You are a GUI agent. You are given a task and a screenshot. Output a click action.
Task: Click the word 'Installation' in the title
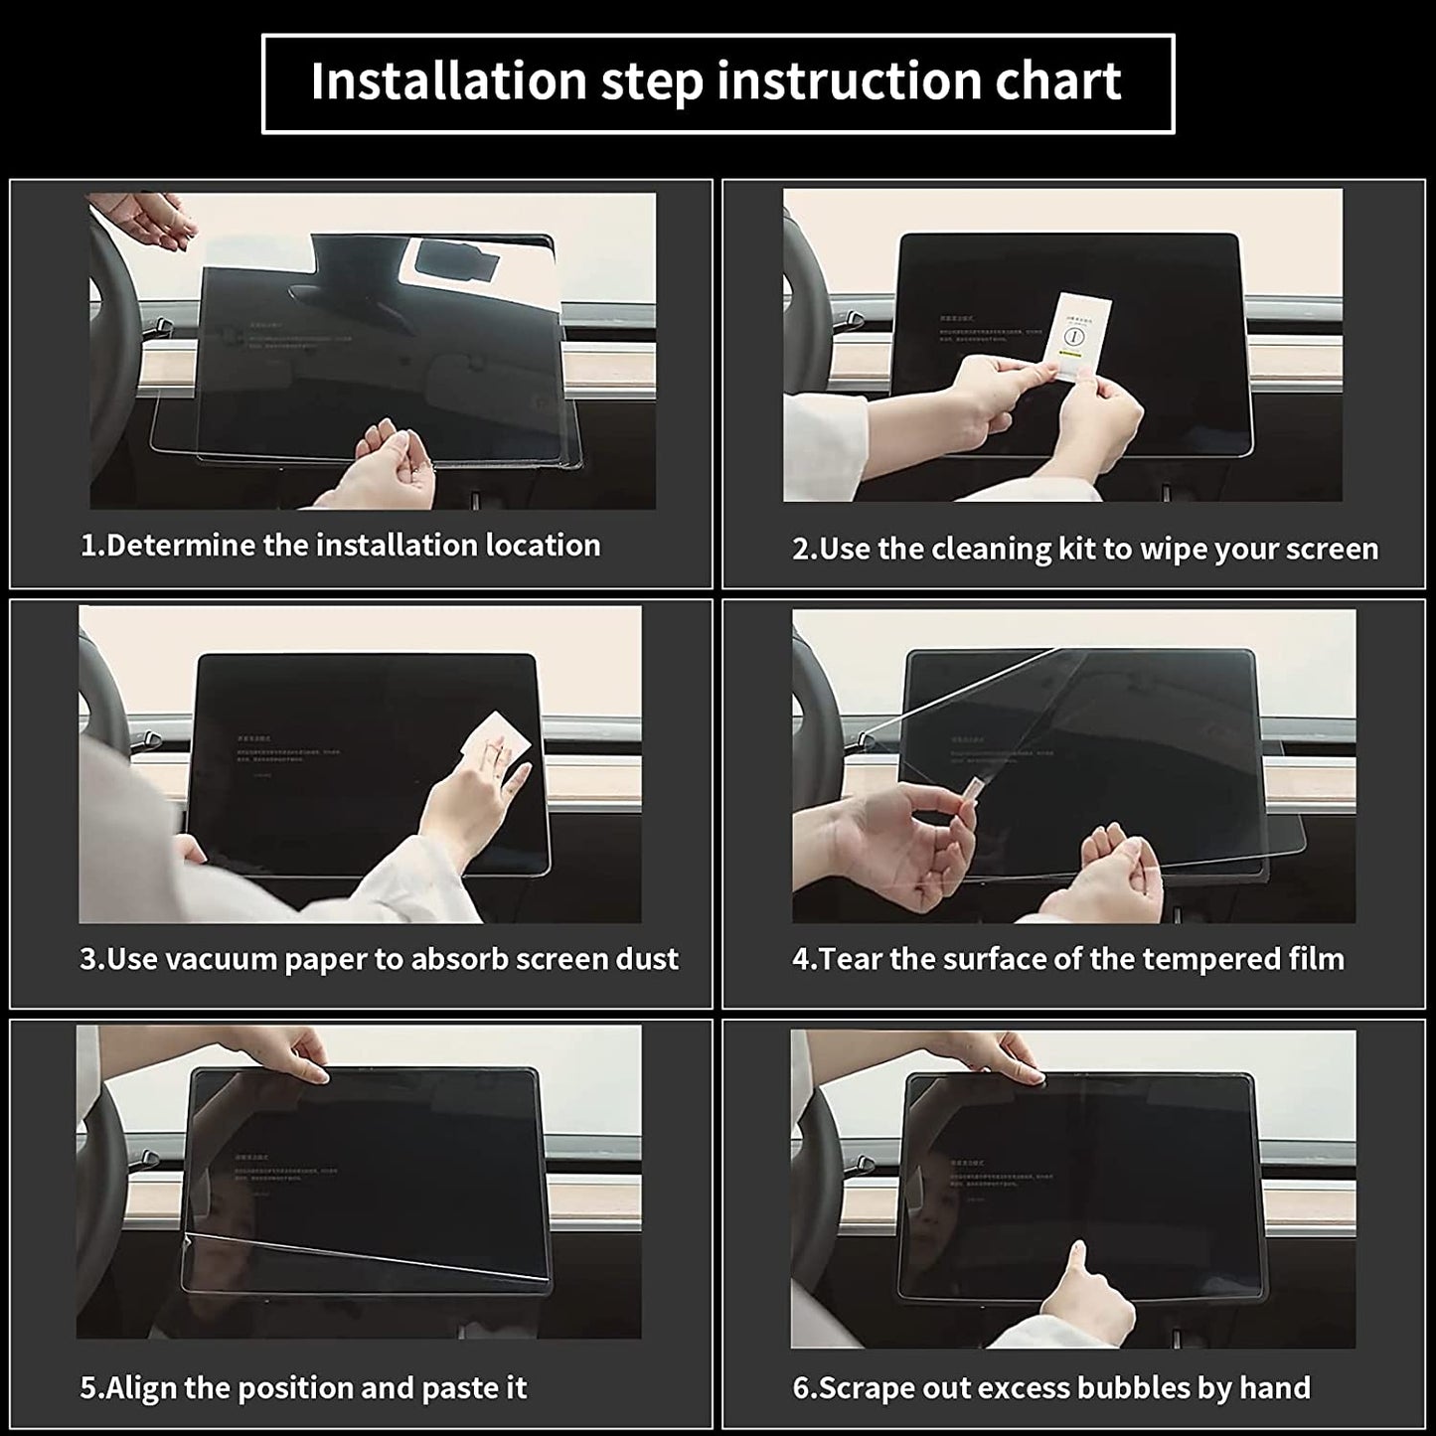(448, 81)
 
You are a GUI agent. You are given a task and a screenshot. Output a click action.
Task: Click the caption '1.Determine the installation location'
(340, 546)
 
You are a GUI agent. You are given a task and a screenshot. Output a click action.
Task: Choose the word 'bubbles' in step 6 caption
(1127, 1387)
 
